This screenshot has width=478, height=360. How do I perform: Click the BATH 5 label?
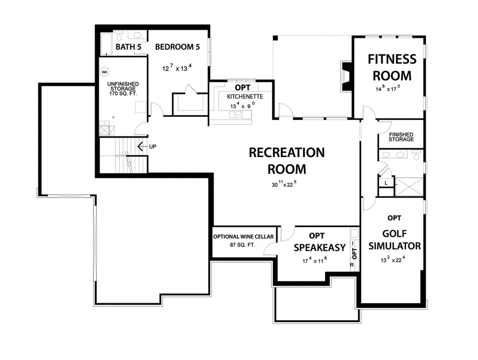[x=127, y=47]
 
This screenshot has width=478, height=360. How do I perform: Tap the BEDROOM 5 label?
[x=177, y=47]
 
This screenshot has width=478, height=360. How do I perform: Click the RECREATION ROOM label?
[x=286, y=161]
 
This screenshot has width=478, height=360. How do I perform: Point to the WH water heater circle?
[x=105, y=72]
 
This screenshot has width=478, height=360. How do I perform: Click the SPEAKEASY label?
[x=319, y=247]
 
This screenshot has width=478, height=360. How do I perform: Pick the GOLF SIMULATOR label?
[x=394, y=239]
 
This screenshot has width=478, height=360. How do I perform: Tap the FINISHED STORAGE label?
[x=401, y=137]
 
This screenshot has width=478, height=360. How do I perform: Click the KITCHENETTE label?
[x=242, y=97]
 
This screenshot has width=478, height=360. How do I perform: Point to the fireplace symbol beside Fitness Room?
[x=346, y=75]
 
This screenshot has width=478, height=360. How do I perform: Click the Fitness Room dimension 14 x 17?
[x=387, y=89]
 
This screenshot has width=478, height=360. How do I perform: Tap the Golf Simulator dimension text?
[x=394, y=259]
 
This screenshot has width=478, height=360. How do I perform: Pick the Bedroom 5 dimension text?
[x=177, y=68]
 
